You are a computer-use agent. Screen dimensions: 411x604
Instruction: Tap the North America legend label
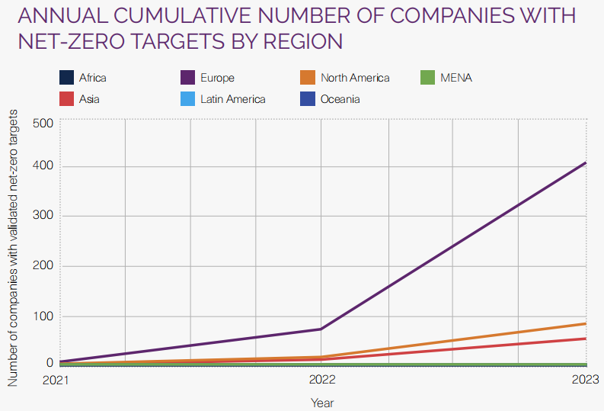[355, 78]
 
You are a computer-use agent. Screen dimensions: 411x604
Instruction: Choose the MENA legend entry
[456, 78]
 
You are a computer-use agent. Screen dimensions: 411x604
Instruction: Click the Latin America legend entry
[232, 99]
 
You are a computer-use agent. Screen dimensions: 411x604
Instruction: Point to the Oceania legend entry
[340, 99]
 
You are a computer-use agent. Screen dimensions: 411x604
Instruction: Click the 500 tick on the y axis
[43, 124]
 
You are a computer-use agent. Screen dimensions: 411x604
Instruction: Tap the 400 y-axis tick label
[43, 166]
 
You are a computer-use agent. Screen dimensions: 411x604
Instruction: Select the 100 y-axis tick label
[43, 316]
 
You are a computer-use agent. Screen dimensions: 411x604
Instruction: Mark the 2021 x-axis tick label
[56, 379]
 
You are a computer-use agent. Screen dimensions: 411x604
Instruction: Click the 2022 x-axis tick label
[321, 379]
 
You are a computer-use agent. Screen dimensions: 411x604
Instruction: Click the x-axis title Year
[321, 402]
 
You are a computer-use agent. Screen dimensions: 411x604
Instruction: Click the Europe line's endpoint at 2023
[586, 162]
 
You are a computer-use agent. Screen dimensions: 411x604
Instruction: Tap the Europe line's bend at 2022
[321, 329]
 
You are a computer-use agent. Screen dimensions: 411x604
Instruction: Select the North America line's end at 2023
[586, 323]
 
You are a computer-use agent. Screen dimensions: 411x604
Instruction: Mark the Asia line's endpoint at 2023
[586, 338]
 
